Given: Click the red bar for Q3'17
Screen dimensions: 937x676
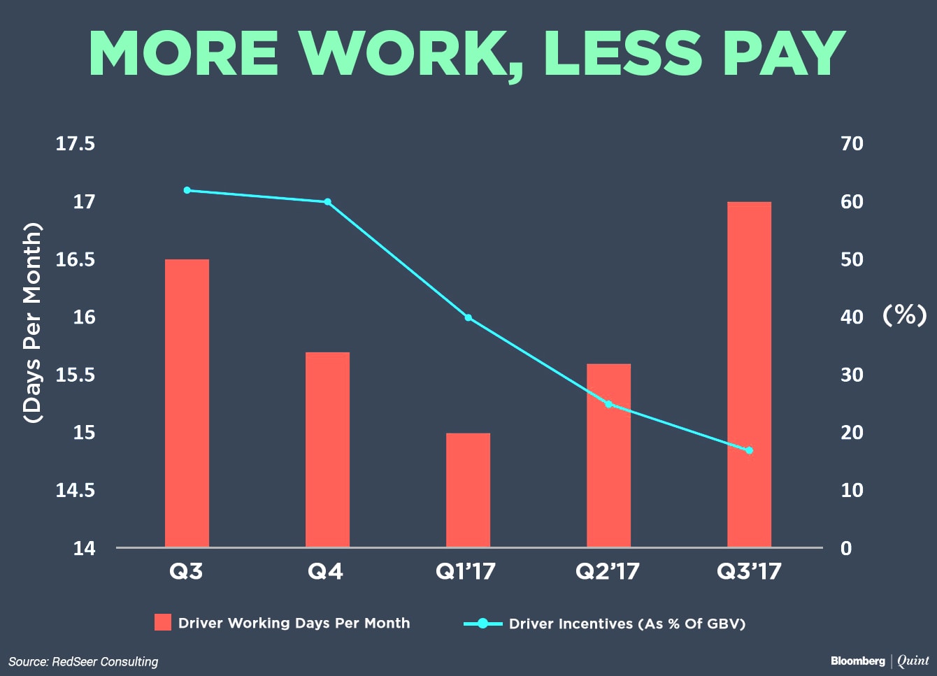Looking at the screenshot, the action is pyautogui.click(x=749, y=375).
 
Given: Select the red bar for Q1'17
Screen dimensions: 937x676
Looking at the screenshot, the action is pyautogui.click(x=468, y=490).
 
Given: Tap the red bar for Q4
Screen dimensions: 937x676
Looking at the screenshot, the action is pyautogui.click(x=327, y=450).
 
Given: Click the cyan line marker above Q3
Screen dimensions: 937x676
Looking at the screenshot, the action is pyautogui.click(x=187, y=190).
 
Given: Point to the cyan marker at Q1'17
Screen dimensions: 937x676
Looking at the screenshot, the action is pyautogui.click(x=468, y=317).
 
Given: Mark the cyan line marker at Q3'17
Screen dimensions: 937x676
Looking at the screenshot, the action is pyautogui.click(x=749, y=450).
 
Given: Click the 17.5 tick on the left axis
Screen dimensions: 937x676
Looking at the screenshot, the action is pyautogui.click(x=76, y=144).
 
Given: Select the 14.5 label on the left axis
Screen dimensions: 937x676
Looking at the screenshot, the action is pyautogui.click(x=76, y=490).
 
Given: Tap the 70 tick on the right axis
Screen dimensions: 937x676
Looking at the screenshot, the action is pyautogui.click(x=852, y=144).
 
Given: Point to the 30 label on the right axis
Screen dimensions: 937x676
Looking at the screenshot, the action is pyautogui.click(x=852, y=375).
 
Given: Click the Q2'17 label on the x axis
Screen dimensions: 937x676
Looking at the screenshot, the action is pyautogui.click(x=608, y=571).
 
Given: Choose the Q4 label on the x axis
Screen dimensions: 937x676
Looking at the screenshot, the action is pyautogui.click(x=325, y=571).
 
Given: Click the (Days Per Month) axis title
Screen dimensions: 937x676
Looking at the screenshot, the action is pyautogui.click(x=32, y=323).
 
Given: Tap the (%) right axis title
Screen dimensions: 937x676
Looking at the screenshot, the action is pyautogui.click(x=905, y=315).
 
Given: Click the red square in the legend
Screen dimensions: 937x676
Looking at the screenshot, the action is pyautogui.click(x=163, y=622).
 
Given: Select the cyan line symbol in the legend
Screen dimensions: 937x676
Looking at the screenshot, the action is pyautogui.click(x=482, y=624).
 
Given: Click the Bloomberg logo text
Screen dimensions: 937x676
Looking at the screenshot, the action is pyautogui.click(x=858, y=661).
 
